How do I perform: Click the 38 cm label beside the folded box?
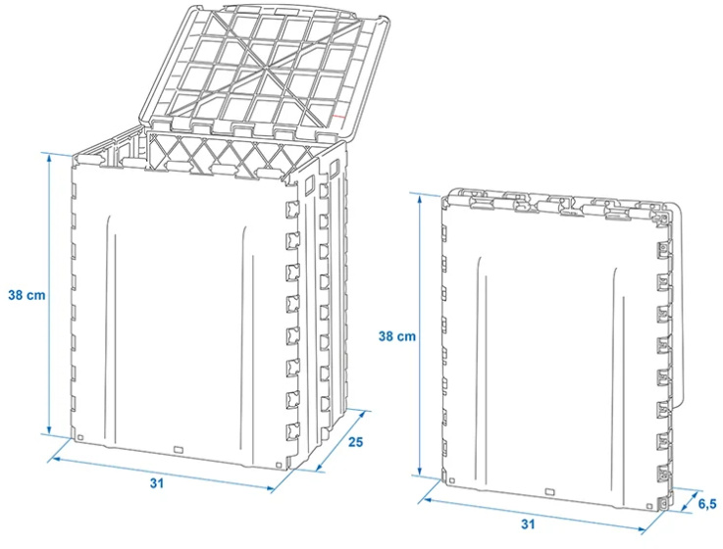coord(397,335)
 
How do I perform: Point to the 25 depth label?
coord(356,443)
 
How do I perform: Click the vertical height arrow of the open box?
coord(49,294)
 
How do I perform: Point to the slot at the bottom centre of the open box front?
coord(179,450)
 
